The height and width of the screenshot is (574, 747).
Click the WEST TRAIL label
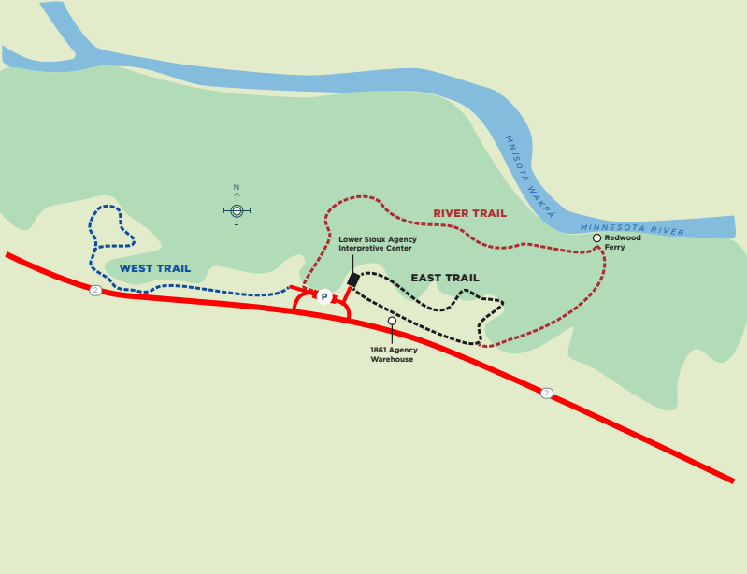[x=155, y=268]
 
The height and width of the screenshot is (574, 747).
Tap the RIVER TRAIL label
[x=469, y=213]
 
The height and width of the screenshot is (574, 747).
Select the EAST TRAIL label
[x=445, y=278]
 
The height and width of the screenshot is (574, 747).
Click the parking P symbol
[x=324, y=296]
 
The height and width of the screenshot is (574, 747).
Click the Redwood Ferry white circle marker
[x=596, y=238]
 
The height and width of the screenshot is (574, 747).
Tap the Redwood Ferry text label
[x=623, y=242]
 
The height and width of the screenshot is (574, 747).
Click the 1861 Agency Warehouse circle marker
[x=392, y=321]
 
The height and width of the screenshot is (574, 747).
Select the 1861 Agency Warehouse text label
[x=394, y=354]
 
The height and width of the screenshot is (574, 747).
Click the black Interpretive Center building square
[x=353, y=279]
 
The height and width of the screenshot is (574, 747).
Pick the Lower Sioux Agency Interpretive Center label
[x=378, y=244]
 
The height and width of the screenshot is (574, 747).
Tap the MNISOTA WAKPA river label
[x=529, y=177]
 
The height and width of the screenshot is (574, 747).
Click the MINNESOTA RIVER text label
[x=632, y=229]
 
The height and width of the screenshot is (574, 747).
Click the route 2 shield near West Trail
[x=95, y=291]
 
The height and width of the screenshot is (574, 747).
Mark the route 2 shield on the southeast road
[x=547, y=393]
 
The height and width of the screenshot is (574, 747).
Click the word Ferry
[x=615, y=247]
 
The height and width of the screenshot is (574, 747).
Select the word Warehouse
[x=392, y=359]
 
